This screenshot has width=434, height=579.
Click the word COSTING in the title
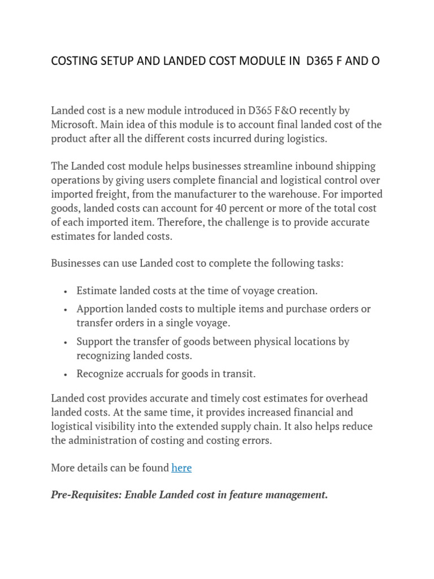click(73, 61)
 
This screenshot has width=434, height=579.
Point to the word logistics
click(305, 139)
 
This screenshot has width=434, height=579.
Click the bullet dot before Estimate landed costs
click(66, 292)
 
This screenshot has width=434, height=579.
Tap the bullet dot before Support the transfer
click(66, 343)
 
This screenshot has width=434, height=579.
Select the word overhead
click(347, 398)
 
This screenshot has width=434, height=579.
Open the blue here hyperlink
click(181, 468)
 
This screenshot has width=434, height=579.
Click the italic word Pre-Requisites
click(84, 495)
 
